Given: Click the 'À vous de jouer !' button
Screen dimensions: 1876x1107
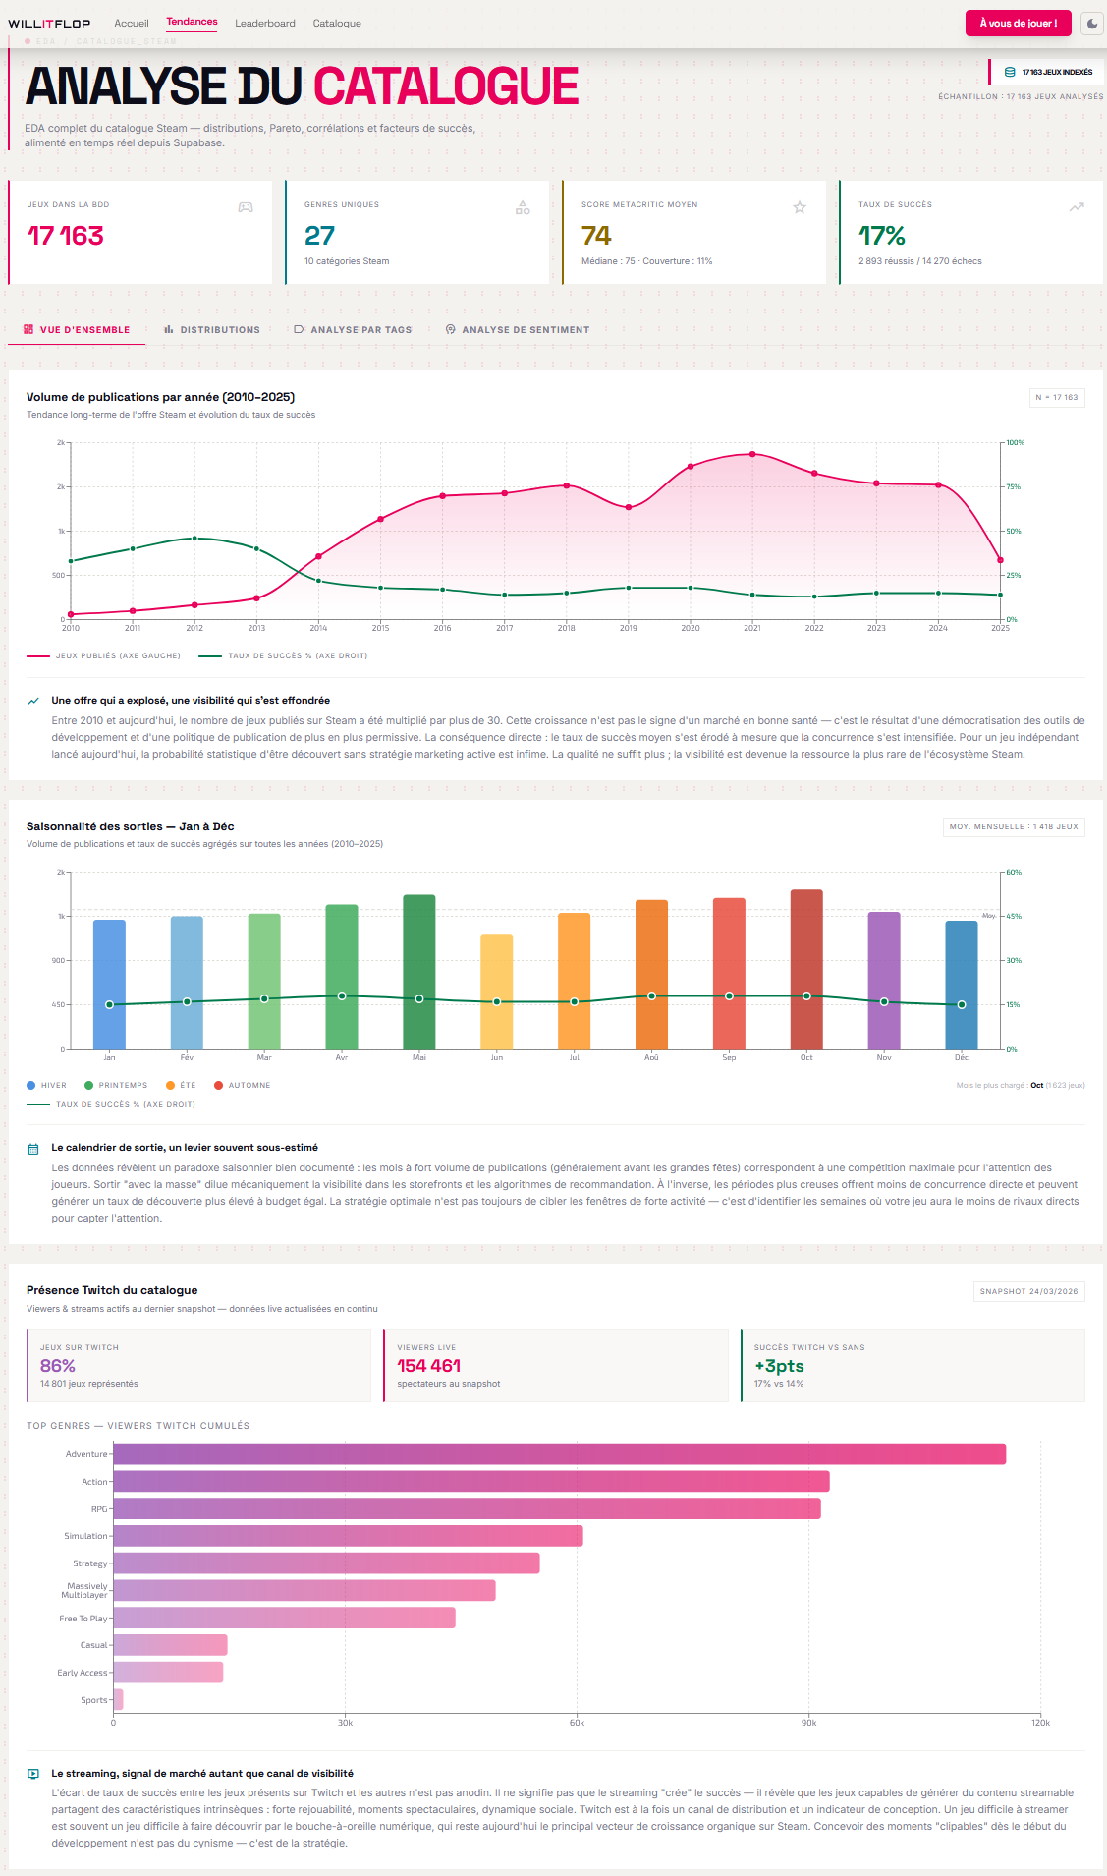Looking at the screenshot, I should coord(1018,23).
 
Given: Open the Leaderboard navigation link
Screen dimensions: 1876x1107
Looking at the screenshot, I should coord(264,24).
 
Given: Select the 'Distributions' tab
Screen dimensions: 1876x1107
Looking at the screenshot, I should coord(212,330).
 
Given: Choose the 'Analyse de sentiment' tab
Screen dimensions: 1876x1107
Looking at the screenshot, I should coord(518,330).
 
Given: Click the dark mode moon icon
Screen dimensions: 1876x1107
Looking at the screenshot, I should coord(1092,24).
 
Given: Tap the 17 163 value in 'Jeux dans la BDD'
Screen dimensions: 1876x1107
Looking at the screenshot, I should coord(65,236).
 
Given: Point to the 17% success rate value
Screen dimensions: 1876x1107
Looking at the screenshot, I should coord(881,236).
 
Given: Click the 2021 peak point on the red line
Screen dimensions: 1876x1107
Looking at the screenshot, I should coord(752,454).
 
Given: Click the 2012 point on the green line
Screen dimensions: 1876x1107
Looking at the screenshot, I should coord(194,539).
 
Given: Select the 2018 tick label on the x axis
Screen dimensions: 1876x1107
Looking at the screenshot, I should coord(566,628).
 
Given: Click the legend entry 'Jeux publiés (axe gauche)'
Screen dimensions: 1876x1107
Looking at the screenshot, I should coord(104,655).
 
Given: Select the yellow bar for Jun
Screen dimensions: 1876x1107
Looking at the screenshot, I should coord(496,991).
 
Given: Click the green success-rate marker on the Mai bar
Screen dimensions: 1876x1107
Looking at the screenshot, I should coord(419,998).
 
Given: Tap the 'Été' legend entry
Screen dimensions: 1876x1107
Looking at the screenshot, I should coord(182,1085).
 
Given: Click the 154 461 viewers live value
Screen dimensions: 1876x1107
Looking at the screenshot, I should coord(428,1366).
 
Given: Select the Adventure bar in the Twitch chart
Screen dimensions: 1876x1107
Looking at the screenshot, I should coord(559,1453).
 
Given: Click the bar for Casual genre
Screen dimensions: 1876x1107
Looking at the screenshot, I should coord(170,1645).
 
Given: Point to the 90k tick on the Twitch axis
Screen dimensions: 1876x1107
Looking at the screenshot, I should coord(808,1723).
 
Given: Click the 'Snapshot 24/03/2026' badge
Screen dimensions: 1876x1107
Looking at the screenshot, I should coord(1028,1291).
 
